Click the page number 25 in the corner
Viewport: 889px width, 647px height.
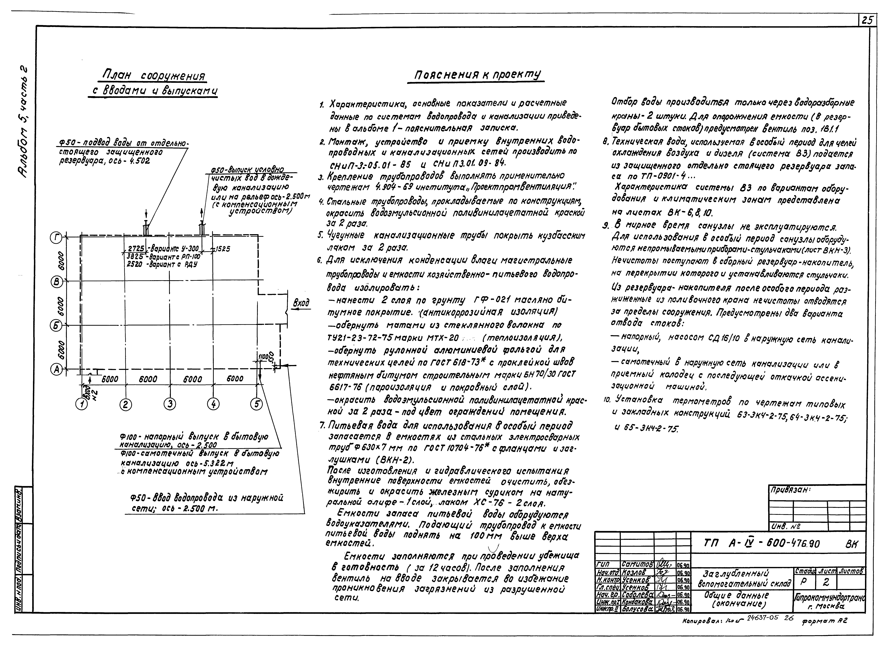(x=867, y=20)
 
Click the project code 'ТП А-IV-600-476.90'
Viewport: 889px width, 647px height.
(x=760, y=544)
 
